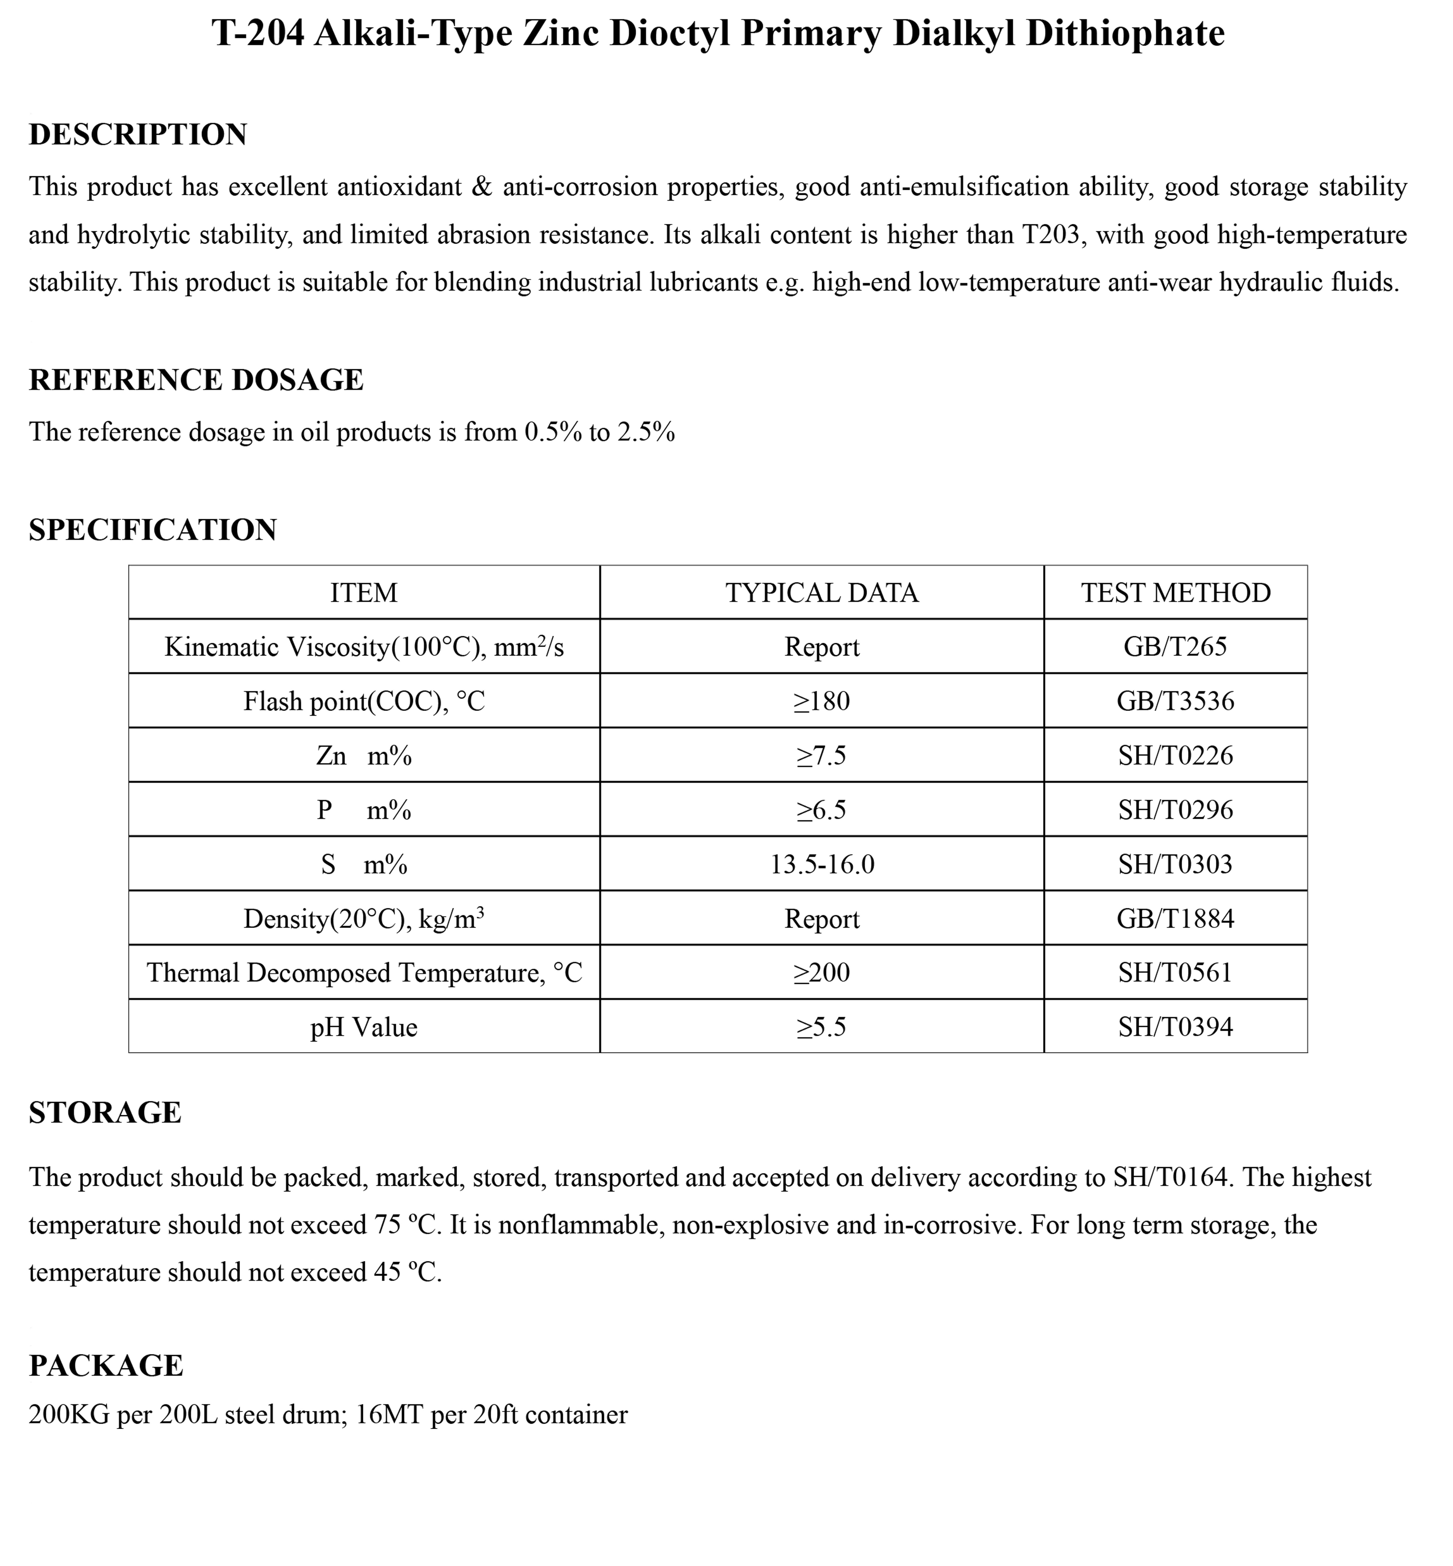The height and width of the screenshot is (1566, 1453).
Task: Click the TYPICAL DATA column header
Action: tap(822, 593)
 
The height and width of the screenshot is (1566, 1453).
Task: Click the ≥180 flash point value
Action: tap(822, 701)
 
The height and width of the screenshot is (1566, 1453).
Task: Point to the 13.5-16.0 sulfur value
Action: tap(822, 865)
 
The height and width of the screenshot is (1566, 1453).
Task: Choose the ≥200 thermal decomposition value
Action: tap(822, 973)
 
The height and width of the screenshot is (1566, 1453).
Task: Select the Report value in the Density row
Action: tap(822, 919)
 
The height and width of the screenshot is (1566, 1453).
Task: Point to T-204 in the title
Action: tap(258, 34)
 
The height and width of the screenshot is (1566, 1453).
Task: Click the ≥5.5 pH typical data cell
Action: tap(822, 1027)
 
